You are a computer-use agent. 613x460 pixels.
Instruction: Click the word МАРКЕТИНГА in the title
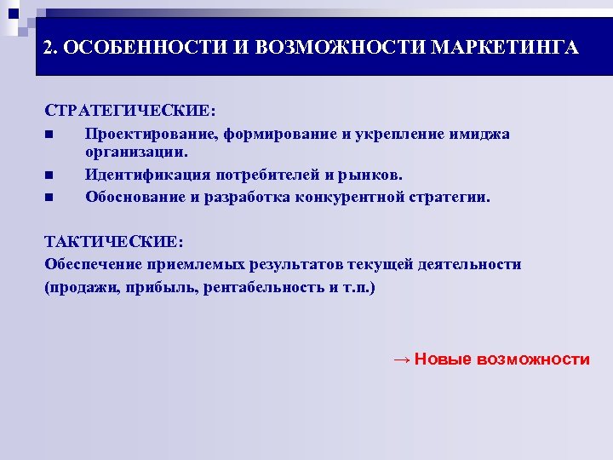(x=504, y=48)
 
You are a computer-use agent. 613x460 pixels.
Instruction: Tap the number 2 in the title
(x=49, y=48)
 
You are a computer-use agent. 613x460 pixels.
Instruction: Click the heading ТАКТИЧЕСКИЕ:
(x=114, y=243)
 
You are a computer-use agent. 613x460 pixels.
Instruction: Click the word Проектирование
(x=151, y=134)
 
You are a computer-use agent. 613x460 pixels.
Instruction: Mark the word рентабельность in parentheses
(x=266, y=287)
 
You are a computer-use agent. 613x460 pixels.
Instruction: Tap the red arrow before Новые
(x=401, y=359)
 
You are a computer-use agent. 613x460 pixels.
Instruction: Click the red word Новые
(x=444, y=359)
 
